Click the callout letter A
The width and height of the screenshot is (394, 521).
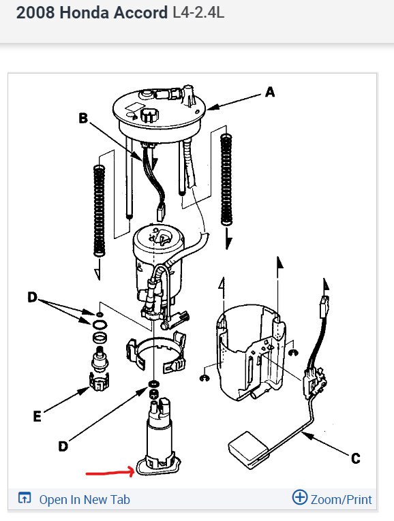pos(270,92)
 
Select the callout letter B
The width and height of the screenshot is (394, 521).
pos(83,118)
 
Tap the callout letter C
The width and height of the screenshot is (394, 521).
pos(355,458)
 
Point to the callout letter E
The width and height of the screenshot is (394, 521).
pos(37,416)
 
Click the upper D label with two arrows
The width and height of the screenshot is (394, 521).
pos(32,297)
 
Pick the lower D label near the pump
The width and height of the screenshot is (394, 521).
pos(63,446)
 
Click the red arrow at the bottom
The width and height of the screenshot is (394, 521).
pos(110,472)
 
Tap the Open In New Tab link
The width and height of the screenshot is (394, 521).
pos(85,499)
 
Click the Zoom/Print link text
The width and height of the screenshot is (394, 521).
pos(341,499)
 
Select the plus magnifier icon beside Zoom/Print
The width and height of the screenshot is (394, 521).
pos(299,497)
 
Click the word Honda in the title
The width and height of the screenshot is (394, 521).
pos(84,13)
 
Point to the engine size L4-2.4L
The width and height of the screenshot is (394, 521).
pos(198,13)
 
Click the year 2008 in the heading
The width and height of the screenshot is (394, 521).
pos(35,13)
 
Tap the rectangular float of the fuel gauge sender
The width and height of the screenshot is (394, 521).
pos(248,449)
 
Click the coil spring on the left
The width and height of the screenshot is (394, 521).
pos(99,210)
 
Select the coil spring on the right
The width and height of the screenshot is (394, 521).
pos(226,179)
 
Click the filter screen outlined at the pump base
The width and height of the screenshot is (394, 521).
pos(158,466)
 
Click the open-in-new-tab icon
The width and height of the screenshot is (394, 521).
pos(25,498)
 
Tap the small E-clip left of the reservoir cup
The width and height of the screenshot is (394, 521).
pos(204,378)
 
